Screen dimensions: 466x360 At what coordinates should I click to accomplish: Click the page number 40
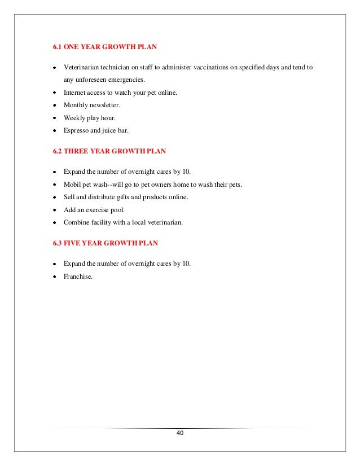tap(179, 433)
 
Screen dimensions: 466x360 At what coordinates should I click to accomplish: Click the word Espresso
tap(77, 130)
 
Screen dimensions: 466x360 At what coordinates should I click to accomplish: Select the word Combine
tap(77, 222)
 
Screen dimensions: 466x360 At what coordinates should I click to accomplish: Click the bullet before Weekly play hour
tap(54, 118)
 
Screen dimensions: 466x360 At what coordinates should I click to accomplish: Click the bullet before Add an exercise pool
tap(54, 210)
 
